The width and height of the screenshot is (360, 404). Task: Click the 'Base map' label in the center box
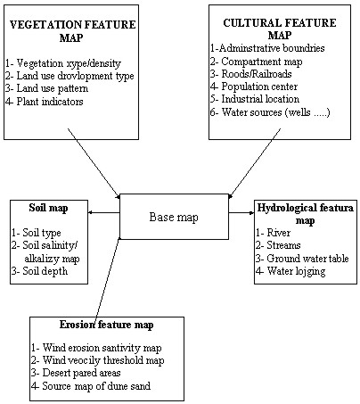point(174,218)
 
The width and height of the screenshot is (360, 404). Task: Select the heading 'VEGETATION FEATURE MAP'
point(72,31)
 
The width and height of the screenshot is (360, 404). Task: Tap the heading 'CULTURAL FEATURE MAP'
point(280,29)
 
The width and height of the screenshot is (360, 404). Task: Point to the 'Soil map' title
point(48,208)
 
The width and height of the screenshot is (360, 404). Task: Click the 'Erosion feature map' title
point(106,325)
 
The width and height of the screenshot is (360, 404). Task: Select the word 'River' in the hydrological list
point(279,233)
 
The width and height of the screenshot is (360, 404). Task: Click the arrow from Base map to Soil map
point(104,212)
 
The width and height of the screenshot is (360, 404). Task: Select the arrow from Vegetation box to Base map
point(94,163)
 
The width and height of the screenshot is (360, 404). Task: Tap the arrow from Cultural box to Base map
point(255,163)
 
